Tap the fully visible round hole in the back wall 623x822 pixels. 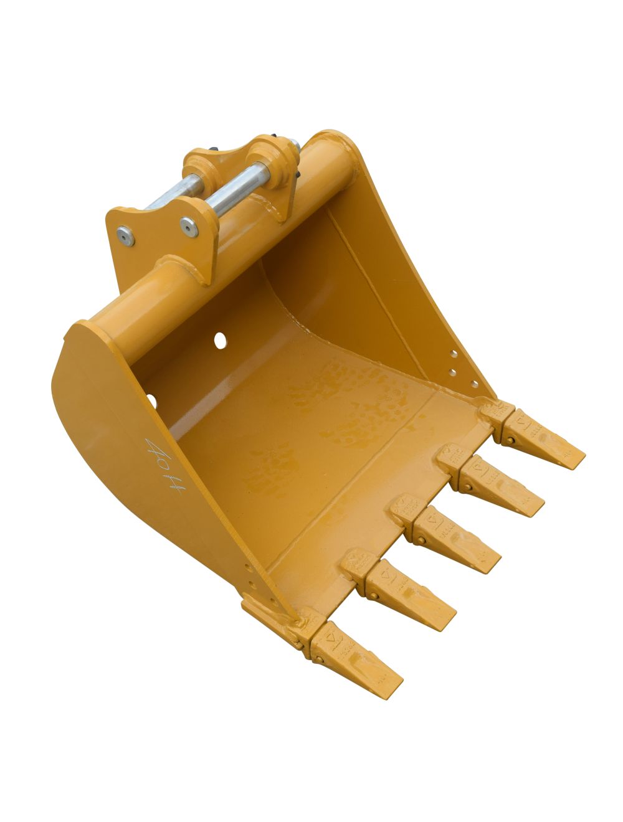220,339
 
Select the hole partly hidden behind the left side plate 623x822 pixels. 151,399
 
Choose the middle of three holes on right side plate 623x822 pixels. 454,372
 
